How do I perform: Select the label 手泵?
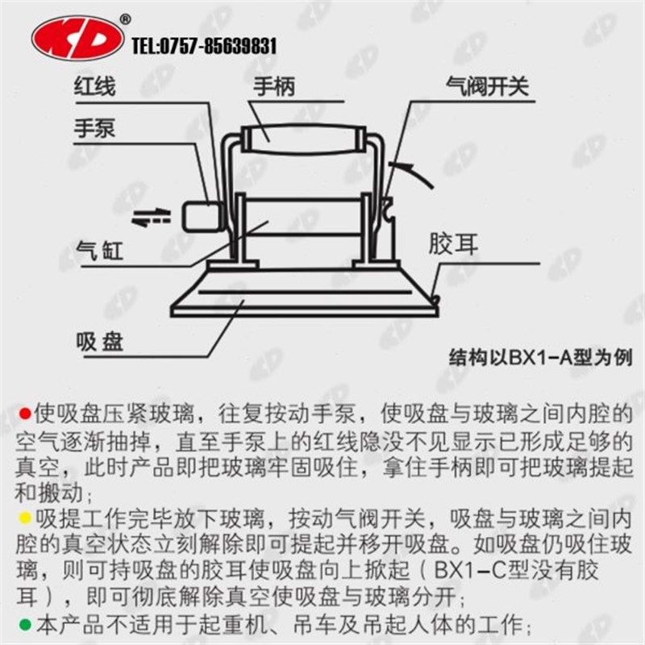click(95, 129)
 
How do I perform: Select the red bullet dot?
click(23, 414)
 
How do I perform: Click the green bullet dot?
click(23, 623)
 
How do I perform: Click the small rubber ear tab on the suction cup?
click(436, 300)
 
